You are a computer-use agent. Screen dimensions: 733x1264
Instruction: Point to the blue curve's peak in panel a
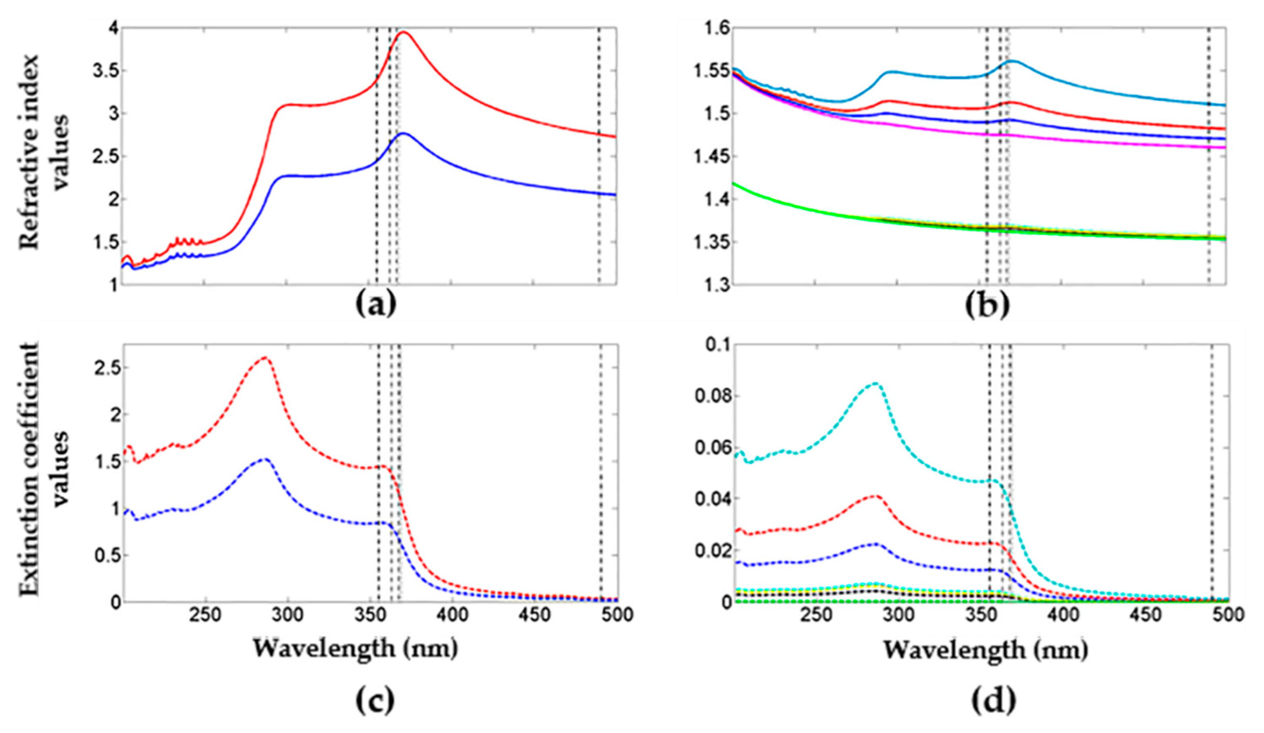pyautogui.click(x=404, y=134)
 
